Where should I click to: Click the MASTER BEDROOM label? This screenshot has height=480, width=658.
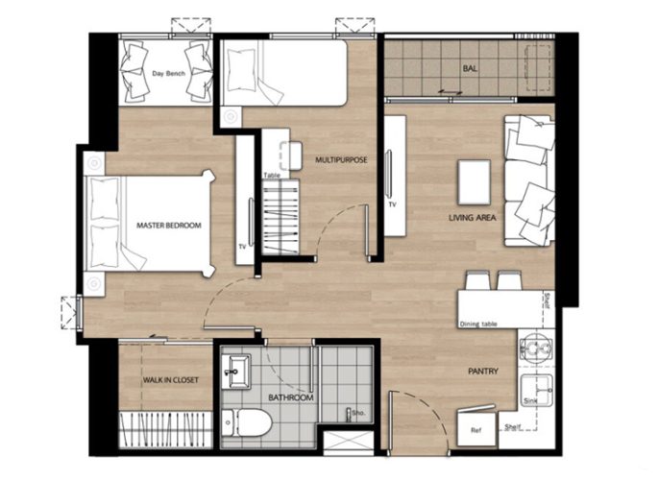(169, 226)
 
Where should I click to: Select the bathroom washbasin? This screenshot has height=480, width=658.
(236, 372)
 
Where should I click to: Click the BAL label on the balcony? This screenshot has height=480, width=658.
(470, 68)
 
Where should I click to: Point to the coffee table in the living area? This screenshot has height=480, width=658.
(475, 182)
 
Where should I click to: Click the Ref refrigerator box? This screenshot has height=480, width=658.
(475, 429)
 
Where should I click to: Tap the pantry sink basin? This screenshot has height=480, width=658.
(537, 390)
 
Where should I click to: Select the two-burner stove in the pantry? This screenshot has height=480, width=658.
(537, 348)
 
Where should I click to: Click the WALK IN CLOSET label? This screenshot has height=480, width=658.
(170, 380)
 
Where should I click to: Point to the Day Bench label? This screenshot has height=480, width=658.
(168, 74)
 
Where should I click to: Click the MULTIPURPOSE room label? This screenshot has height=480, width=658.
(341, 159)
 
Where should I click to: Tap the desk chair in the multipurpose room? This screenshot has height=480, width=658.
(291, 156)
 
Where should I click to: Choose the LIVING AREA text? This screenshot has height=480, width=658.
(472, 218)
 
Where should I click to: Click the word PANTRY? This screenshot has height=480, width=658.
(483, 371)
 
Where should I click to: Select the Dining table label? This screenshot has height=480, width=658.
(478, 324)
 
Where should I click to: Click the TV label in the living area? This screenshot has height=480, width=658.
(392, 205)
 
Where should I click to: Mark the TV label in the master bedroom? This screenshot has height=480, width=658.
(242, 247)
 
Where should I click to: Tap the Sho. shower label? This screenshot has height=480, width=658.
(359, 413)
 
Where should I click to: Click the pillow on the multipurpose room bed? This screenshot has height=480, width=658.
(241, 70)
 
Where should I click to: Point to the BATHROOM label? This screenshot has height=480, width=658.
(291, 397)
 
